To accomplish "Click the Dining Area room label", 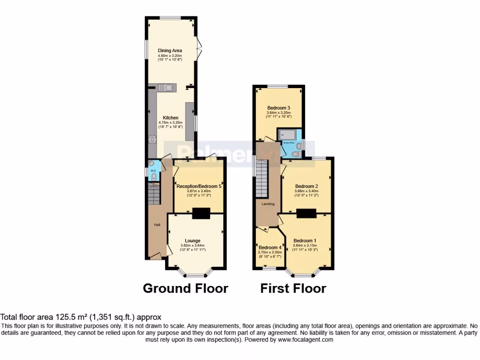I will [170, 51].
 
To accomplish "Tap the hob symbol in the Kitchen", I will [152, 139].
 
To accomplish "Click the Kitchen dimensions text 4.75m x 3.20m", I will [170, 123].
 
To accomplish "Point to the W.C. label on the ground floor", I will [153, 171].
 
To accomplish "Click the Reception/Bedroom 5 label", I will [199, 186].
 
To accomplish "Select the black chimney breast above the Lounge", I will [201, 213].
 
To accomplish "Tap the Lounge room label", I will [193, 240].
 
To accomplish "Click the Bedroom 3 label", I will [278, 107].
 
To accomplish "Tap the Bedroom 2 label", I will [307, 186].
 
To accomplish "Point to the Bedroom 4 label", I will [270, 247].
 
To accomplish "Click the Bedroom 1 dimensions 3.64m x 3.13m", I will [305, 245].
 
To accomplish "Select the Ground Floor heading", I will [185, 288].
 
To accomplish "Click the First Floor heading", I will [293, 288].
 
